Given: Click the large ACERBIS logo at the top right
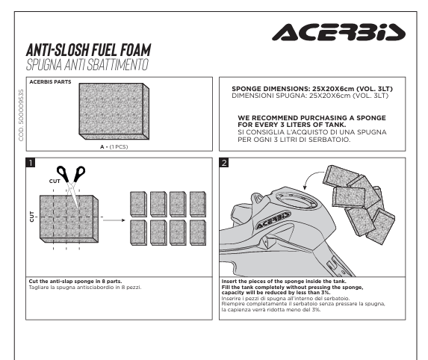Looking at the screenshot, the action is pyautogui.click(x=338, y=32).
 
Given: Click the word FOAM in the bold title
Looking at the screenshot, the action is pyautogui.click(x=136, y=50).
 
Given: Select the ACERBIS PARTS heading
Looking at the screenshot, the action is pyautogui.click(x=50, y=82).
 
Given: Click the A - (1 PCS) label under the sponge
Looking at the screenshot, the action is pyautogui.click(x=114, y=147).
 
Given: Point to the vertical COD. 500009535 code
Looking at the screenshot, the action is pyautogui.click(x=21, y=115).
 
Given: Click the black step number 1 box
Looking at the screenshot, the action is pyautogui.click(x=31, y=163).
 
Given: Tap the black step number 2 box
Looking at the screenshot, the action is pyautogui.click(x=224, y=163).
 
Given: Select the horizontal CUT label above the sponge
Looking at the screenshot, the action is pyautogui.click(x=55, y=181).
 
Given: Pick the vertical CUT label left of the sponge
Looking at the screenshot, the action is pyautogui.click(x=32, y=217).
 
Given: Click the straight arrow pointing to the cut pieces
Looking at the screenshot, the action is pyautogui.click(x=114, y=220).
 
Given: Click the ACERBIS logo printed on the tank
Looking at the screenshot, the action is pyautogui.click(x=273, y=220).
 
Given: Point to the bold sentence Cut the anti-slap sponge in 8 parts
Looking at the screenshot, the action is pyautogui.click(x=75, y=281).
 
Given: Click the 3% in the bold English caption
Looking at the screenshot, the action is pyautogui.click(x=326, y=292).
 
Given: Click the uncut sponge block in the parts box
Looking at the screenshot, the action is pyautogui.click(x=114, y=111).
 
